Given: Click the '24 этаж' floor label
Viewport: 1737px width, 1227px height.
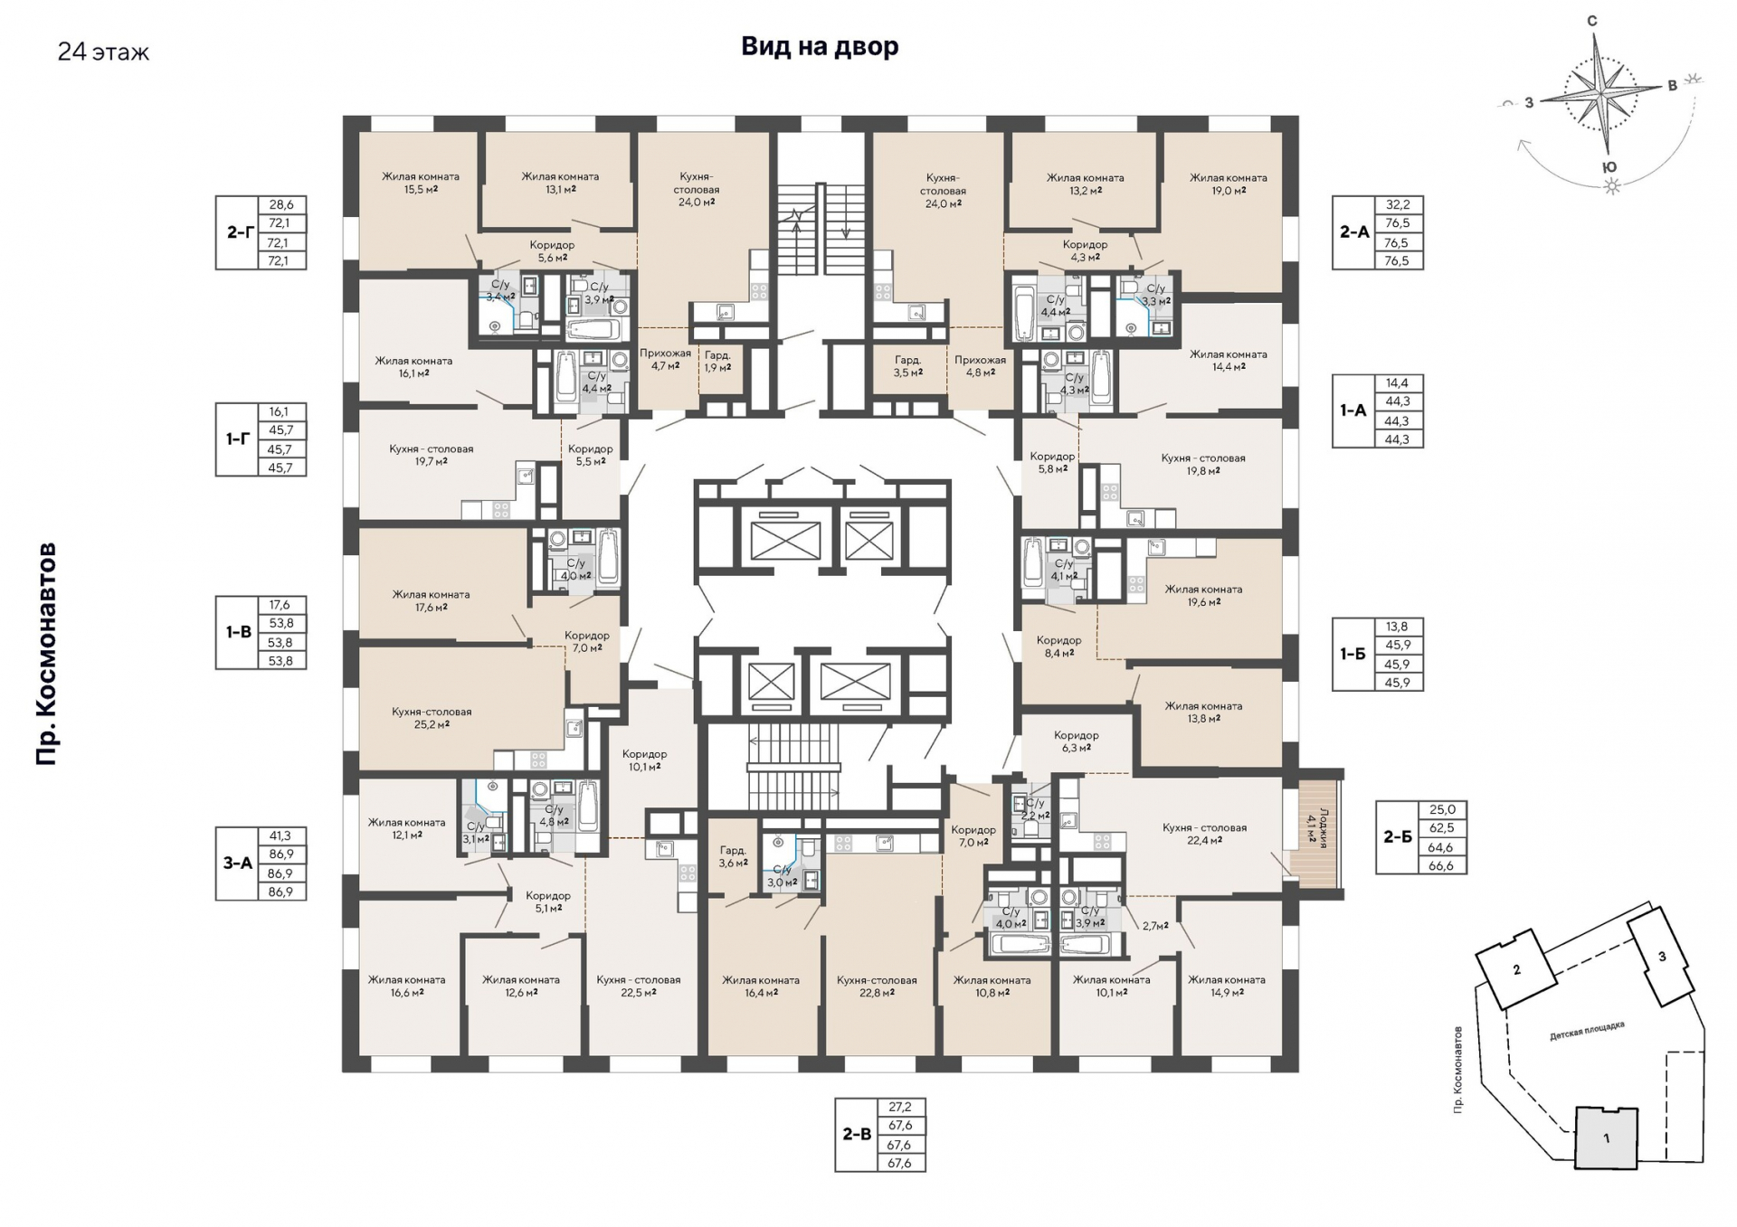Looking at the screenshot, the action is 103,52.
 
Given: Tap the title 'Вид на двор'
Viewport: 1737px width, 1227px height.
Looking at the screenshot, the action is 820,46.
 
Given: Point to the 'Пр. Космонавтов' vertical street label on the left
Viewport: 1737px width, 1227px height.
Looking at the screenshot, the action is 46,654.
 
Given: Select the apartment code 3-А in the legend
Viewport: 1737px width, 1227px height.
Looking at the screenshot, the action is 238,864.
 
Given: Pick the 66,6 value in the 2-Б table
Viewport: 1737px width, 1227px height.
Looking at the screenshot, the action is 1441,865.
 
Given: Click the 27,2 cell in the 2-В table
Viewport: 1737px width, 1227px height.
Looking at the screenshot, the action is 899,1107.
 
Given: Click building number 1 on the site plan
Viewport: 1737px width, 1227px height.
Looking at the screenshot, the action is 1606,1138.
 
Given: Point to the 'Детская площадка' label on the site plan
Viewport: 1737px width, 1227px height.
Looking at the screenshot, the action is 1587,1031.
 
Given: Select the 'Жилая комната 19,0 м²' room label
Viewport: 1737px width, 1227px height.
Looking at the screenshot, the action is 1228,184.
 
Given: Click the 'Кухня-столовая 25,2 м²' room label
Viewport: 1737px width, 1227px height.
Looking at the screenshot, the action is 432,718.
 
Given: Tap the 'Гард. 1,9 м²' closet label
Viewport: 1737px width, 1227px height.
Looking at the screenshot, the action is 717,362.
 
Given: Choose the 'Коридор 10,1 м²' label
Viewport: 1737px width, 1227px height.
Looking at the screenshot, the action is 644,760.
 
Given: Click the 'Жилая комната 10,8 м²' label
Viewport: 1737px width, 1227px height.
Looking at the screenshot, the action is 992,986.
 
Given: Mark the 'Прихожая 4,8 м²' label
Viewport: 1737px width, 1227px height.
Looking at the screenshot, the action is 980,365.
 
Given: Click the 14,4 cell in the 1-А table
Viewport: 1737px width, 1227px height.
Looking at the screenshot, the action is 1397,383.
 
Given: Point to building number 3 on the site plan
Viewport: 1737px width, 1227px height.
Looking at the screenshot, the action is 1662,957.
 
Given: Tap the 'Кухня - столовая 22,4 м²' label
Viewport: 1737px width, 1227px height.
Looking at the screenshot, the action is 1204,834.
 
